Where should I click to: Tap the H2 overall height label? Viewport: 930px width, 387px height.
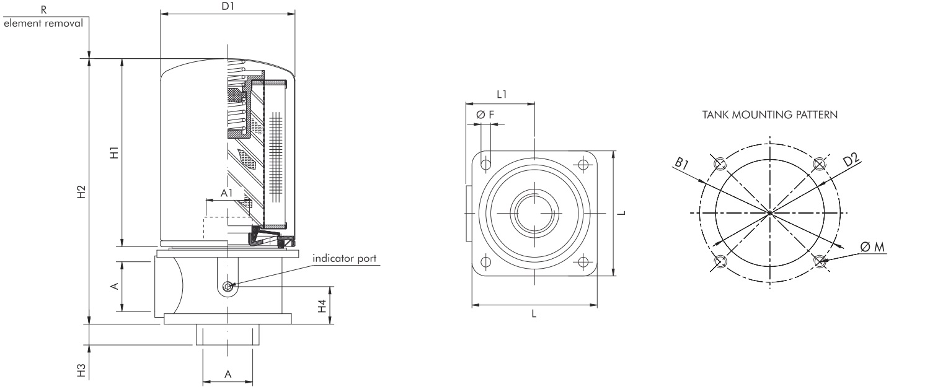click(x=81, y=192)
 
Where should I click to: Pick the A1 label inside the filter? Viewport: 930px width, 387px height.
click(x=227, y=194)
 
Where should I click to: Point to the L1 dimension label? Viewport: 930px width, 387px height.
click(x=502, y=95)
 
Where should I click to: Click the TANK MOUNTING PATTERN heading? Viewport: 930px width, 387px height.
click(x=770, y=115)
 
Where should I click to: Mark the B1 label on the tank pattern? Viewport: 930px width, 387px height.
click(x=682, y=163)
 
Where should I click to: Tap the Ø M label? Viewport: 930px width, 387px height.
click(x=872, y=248)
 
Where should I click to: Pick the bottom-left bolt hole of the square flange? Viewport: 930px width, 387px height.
click(x=486, y=261)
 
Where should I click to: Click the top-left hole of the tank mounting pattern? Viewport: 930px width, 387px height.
click(x=720, y=164)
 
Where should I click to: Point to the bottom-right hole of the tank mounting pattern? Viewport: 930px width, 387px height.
click(x=820, y=261)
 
